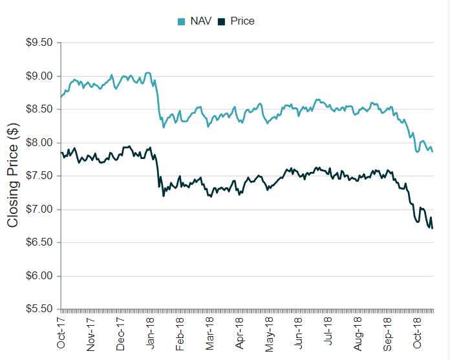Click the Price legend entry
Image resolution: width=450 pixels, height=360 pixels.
pos(242,21)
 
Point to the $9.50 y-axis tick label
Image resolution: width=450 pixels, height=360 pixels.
pos(39,43)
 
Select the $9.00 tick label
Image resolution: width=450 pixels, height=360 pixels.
pos(39,76)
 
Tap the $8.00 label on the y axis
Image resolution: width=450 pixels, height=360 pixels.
pos(39,143)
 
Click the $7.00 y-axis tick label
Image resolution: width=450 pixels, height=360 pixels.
pos(39,209)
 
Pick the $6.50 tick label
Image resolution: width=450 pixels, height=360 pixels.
pos(39,243)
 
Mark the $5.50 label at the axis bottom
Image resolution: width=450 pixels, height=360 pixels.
pos(39,310)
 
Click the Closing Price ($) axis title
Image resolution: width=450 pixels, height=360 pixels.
pos(12,176)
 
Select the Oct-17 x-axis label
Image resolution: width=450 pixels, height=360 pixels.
pos(61,333)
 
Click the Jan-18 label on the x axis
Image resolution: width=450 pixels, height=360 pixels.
pos(150,333)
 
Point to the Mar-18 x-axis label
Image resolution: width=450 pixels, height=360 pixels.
pos(209,333)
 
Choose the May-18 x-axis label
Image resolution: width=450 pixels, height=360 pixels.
pos(270,333)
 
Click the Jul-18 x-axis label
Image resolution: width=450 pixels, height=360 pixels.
pos(329,333)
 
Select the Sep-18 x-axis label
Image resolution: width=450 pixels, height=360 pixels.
pos(389,333)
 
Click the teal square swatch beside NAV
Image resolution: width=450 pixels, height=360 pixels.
pos(181,21)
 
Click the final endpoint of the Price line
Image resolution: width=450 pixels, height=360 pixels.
pos(433,228)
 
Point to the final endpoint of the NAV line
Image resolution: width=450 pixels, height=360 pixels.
pos(433,152)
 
